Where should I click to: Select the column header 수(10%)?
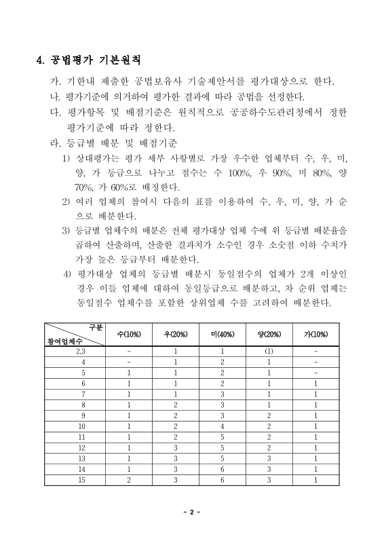(x=129, y=335)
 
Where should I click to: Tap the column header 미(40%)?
(x=223, y=335)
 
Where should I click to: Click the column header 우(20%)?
(x=176, y=335)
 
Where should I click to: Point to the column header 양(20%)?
(x=269, y=335)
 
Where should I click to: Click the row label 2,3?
(x=81, y=351)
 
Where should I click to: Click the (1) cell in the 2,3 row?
(x=269, y=351)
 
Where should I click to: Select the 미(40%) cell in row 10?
(x=223, y=426)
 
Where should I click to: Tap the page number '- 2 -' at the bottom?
(x=192, y=511)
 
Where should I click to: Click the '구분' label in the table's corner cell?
(x=95, y=327)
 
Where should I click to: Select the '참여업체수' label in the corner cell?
(x=64, y=341)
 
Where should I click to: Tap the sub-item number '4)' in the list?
(x=66, y=274)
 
